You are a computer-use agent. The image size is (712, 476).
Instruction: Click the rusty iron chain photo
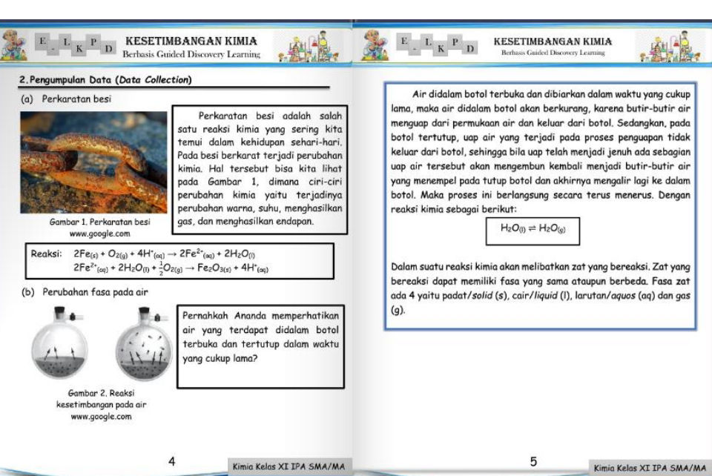tap(93, 162)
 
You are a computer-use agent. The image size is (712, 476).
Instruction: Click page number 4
tap(172, 462)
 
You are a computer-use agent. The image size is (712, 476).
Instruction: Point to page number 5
tap(533, 462)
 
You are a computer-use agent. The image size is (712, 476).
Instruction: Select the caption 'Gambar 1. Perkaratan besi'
tap(99, 222)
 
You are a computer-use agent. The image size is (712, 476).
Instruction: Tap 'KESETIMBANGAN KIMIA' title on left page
tap(191, 41)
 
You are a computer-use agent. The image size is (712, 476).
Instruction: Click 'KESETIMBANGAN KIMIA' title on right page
tap(553, 41)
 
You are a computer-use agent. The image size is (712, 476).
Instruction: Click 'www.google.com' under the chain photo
tap(99, 233)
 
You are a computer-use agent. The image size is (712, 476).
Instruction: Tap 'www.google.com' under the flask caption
tap(101, 417)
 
